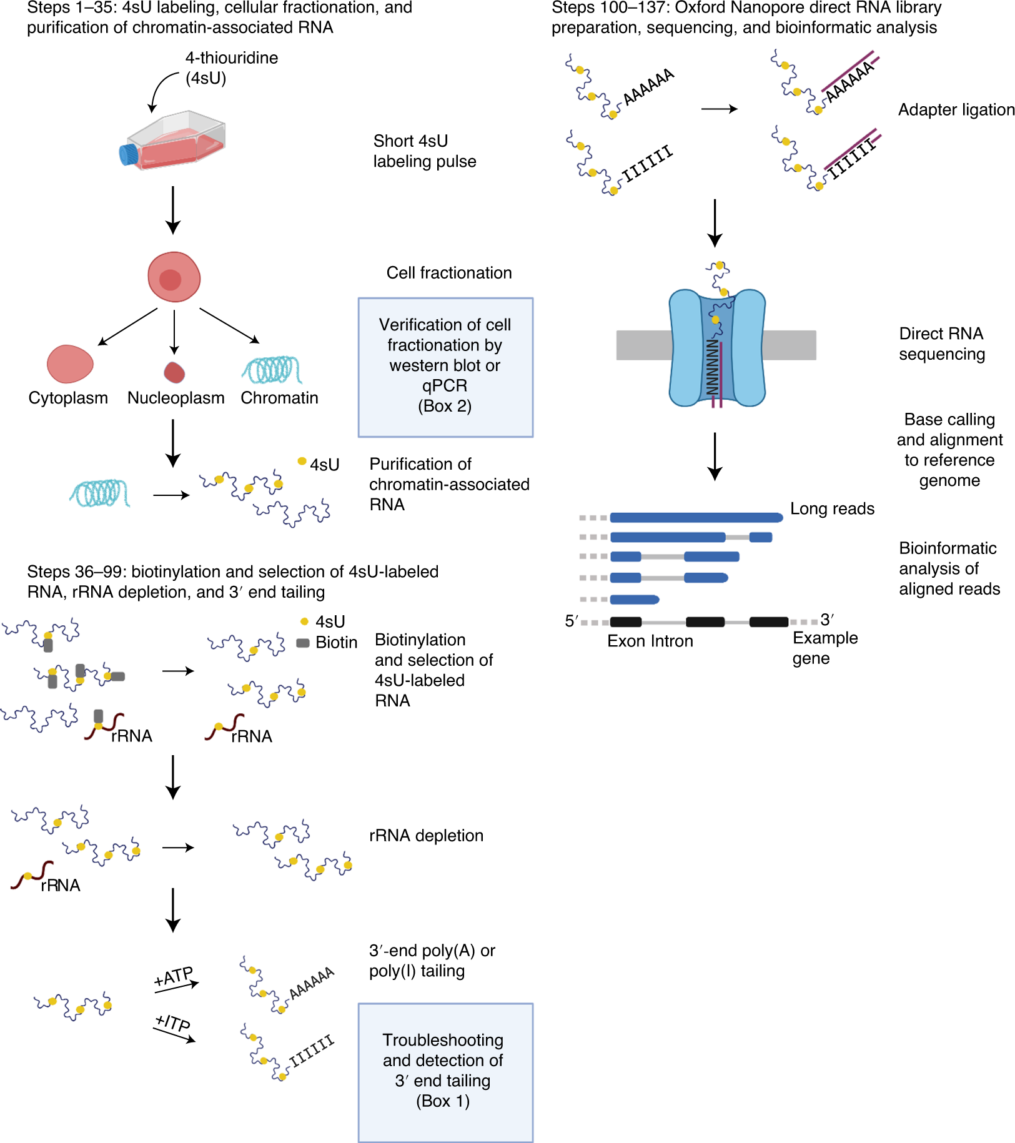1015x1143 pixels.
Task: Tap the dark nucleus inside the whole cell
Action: pyautogui.click(x=170, y=279)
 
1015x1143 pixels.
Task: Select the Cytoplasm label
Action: pyautogui.click(x=68, y=398)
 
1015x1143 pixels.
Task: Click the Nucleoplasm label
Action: pyautogui.click(x=176, y=398)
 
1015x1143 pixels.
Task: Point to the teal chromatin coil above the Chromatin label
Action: pyautogui.click(x=272, y=370)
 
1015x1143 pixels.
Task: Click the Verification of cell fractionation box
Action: pyautogui.click(x=445, y=367)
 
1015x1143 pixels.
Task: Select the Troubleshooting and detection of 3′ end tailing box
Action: pyautogui.click(x=445, y=1072)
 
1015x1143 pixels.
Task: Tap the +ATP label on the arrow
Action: pyautogui.click(x=174, y=976)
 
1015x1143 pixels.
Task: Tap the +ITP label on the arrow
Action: pyautogui.click(x=172, y=1022)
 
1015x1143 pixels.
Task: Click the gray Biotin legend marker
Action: pyautogui.click(x=303, y=643)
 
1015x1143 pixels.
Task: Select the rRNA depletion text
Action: pyautogui.click(x=426, y=836)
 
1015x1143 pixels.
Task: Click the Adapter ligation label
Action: pyautogui.click(x=956, y=110)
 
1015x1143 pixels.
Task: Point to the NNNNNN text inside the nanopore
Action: pyautogui.click(x=712, y=367)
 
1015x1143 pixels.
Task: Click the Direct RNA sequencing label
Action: pyautogui.click(x=941, y=344)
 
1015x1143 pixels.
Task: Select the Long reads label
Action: pyautogui.click(x=831, y=508)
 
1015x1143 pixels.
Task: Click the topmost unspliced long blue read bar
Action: pyautogui.click(x=696, y=517)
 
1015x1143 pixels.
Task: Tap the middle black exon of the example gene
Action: pyautogui.click(x=705, y=621)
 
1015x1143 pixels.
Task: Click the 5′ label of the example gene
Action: pyautogui.click(x=571, y=621)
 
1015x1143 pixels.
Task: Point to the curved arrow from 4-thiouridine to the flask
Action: pyautogui.click(x=161, y=89)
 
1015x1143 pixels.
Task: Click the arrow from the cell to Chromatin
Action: pyautogui.click(x=229, y=325)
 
